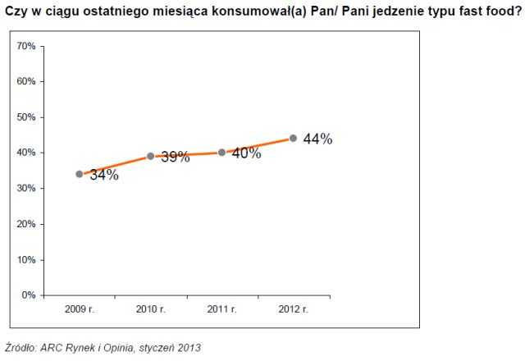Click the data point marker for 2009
(x=80, y=174)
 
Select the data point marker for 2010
(x=151, y=156)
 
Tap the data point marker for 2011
(x=222, y=152)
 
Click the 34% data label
(x=104, y=175)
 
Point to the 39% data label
(x=175, y=156)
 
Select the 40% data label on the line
(x=246, y=153)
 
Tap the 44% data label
(x=317, y=139)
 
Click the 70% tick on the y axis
(x=26, y=46)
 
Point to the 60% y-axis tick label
(x=26, y=81)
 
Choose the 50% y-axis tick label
(x=26, y=117)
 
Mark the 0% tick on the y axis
(x=29, y=295)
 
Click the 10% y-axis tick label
(x=26, y=259)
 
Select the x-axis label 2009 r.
(x=80, y=309)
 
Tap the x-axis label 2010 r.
(x=151, y=309)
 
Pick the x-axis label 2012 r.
(x=293, y=309)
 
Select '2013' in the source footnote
(x=188, y=347)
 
